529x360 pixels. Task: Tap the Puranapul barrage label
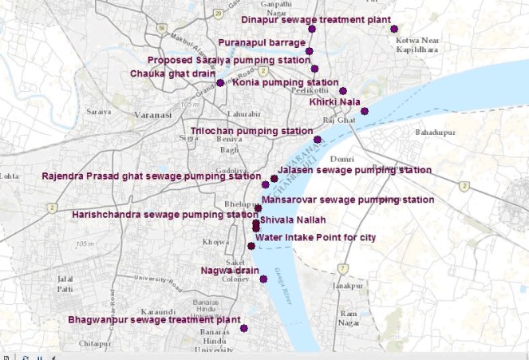(x=261, y=42)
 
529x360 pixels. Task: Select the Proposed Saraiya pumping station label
(x=229, y=60)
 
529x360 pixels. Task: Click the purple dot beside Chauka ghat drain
(x=220, y=83)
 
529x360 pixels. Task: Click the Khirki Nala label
(x=334, y=101)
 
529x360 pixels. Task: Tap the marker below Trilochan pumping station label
(x=318, y=140)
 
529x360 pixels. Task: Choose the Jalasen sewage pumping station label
(x=354, y=170)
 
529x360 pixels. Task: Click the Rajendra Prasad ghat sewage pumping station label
(x=151, y=176)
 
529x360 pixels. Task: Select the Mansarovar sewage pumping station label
(x=348, y=200)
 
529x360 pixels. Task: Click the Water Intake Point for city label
(x=316, y=237)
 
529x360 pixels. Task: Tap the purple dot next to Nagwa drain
(x=263, y=279)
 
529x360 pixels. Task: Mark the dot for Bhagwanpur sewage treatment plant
(x=244, y=329)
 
